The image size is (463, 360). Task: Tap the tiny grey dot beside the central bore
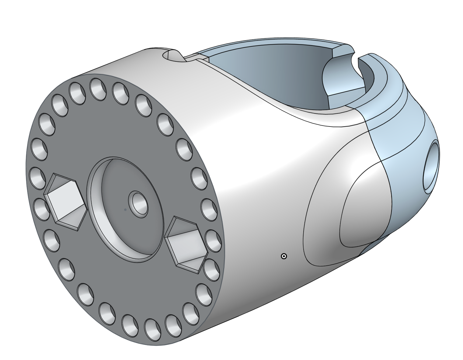point(125,209)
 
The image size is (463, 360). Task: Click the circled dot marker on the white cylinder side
point(284,256)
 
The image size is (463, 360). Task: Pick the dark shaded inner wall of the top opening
point(274,76)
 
